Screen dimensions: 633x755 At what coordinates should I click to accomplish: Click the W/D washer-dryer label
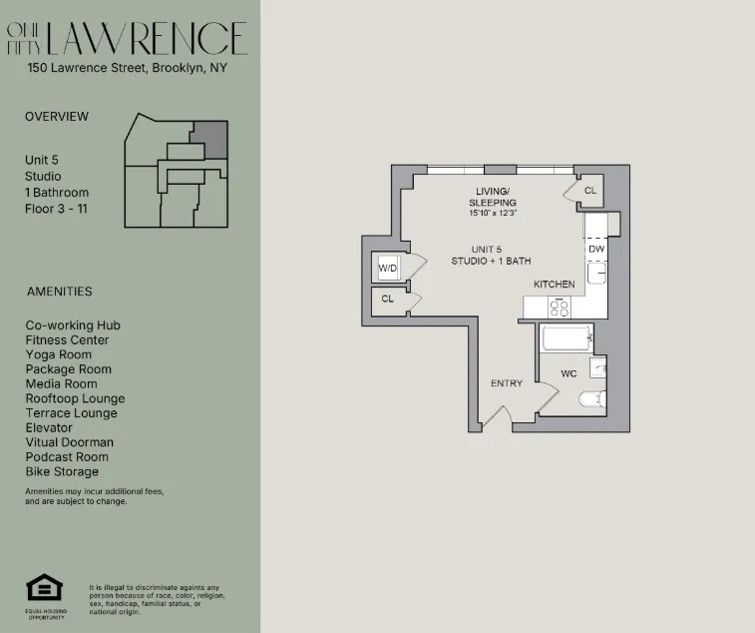(x=386, y=267)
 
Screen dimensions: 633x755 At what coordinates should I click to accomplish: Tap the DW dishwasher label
(x=595, y=249)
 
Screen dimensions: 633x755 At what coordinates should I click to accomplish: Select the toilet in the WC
(x=592, y=400)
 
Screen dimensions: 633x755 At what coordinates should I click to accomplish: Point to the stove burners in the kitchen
(x=562, y=307)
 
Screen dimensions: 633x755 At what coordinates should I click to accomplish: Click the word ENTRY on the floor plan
(x=507, y=383)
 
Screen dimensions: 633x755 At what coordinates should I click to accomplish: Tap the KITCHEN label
(x=554, y=285)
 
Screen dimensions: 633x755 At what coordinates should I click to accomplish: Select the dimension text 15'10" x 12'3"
(x=493, y=213)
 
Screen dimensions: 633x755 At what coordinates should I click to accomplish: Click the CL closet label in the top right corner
(x=589, y=190)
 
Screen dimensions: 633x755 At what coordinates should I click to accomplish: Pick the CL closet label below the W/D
(x=387, y=299)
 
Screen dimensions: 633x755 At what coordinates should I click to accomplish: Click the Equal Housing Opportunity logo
(x=42, y=589)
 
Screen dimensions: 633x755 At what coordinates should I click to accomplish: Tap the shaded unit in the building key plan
(x=209, y=139)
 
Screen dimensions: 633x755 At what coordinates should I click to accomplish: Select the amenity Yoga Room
(x=58, y=354)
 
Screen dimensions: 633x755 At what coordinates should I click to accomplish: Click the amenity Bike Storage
(x=62, y=471)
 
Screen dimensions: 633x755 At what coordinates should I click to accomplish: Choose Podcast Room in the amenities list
(x=68, y=456)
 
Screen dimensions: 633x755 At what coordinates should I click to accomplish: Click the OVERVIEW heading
(x=57, y=116)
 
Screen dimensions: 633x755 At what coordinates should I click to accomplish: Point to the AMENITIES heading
(x=59, y=292)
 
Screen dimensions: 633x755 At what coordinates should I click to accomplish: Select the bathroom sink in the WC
(x=596, y=368)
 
